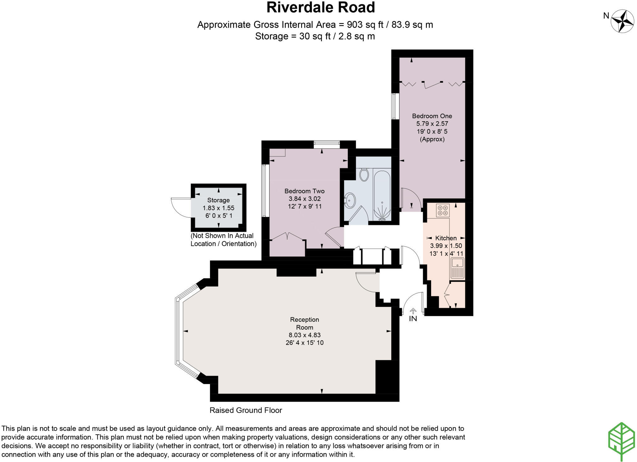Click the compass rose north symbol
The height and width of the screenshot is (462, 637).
622,21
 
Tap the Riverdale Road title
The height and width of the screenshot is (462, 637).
321,7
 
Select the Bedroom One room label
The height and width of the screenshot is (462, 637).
432,116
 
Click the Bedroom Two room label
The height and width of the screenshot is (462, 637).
304,191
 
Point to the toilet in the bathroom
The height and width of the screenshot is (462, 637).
364,174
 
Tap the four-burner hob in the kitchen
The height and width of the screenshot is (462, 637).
442,210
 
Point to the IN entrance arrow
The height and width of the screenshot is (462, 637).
413,311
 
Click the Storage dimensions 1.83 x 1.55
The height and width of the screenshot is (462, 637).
218,208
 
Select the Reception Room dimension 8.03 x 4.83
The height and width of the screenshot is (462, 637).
305,335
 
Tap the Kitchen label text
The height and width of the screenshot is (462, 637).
446,238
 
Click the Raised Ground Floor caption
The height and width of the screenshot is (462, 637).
246,410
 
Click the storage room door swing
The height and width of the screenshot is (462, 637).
180,207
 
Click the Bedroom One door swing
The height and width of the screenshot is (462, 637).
411,199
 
